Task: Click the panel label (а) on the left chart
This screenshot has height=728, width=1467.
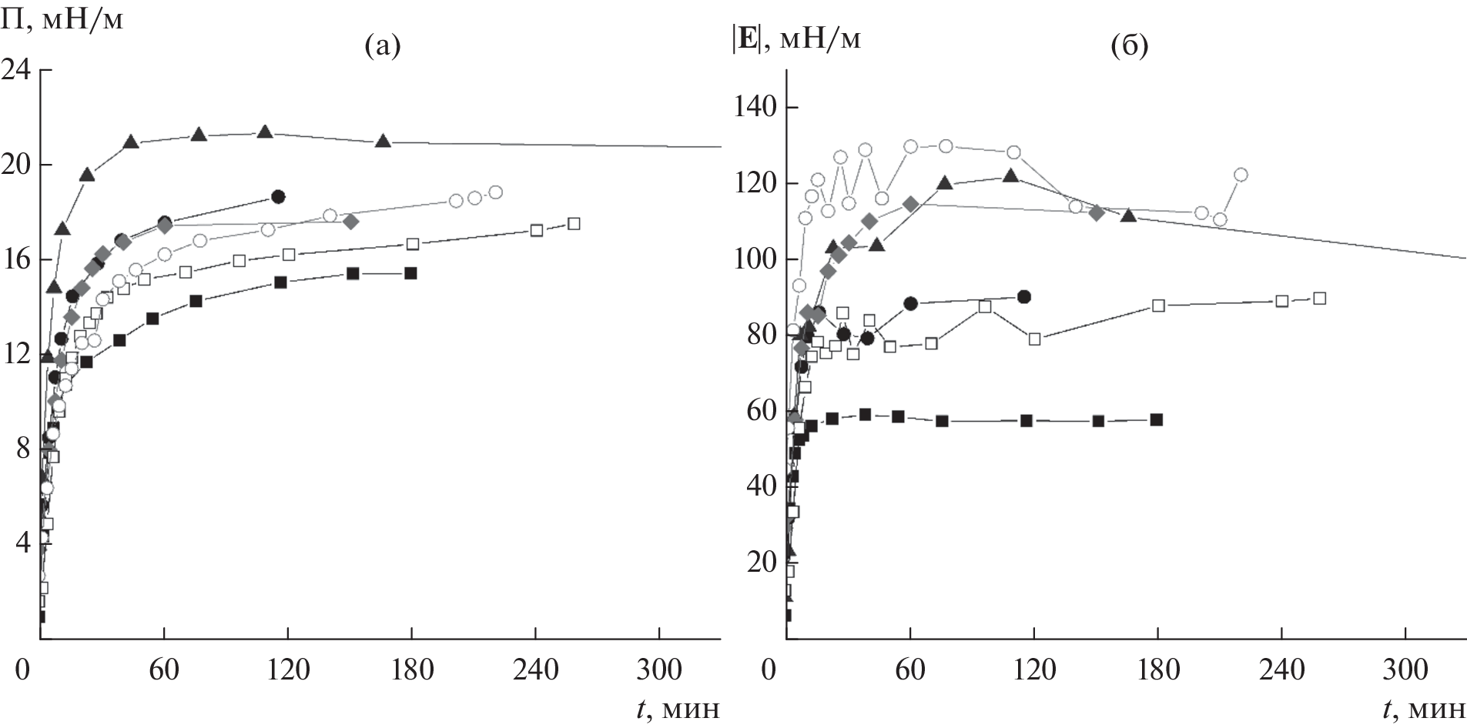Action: (382, 48)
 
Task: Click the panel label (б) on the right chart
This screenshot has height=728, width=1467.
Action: (1129, 48)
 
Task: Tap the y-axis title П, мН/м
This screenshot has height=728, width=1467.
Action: (62, 18)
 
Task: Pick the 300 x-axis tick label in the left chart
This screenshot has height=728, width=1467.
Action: (659, 671)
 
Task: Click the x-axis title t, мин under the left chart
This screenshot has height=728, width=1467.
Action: (679, 708)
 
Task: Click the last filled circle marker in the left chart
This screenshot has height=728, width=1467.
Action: (278, 197)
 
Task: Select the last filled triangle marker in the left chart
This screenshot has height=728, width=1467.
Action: (383, 141)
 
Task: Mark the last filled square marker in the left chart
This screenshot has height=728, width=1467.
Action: (410, 273)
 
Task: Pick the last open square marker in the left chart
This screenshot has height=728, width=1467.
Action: (574, 224)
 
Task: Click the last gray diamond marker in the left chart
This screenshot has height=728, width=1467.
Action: (351, 222)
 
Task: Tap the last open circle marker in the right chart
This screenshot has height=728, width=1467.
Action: (1241, 175)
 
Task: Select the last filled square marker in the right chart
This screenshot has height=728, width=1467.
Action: (1157, 419)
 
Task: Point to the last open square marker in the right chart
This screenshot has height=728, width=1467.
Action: (1319, 299)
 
